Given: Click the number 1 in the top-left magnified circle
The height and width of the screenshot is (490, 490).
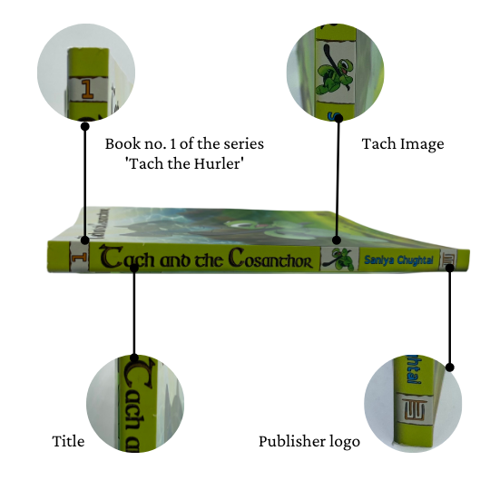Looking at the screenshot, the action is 87,89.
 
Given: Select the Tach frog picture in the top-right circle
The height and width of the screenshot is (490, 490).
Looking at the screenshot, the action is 335,73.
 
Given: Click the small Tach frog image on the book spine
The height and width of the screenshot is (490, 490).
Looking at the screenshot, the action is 339,259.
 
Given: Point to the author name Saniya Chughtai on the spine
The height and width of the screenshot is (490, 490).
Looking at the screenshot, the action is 398,260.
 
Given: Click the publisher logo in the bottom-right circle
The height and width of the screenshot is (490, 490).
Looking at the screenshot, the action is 415,409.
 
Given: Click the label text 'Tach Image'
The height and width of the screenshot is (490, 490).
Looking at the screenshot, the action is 403,144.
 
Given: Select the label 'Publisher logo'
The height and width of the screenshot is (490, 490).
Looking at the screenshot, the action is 309,442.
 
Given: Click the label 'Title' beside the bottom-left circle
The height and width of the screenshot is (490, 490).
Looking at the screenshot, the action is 68,441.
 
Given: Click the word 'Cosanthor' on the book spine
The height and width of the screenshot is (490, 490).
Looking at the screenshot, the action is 270,259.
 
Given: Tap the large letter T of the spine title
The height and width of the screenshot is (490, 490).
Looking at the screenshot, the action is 112,257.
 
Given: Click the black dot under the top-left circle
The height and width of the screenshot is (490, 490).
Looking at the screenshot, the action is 85,126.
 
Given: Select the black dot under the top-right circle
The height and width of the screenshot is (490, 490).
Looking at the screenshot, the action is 338,118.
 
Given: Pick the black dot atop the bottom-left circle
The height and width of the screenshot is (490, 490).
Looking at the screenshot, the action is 134,358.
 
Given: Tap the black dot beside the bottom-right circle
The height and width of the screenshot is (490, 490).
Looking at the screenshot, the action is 450,367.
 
